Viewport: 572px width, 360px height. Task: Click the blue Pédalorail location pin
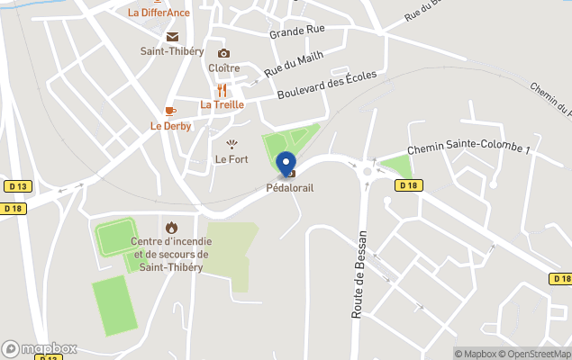click(x=287, y=165)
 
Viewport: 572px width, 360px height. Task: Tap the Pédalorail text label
click(x=289, y=188)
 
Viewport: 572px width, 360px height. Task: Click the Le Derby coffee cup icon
click(x=170, y=112)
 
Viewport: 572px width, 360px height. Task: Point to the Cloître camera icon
click(x=223, y=54)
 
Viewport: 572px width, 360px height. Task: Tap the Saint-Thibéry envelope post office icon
click(x=172, y=37)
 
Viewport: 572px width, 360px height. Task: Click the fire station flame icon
click(x=171, y=228)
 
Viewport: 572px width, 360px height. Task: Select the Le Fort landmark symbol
click(x=232, y=144)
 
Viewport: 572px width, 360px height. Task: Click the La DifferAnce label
click(x=159, y=13)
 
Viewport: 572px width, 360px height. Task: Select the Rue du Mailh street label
click(x=293, y=63)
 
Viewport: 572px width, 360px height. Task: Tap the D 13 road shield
click(x=17, y=186)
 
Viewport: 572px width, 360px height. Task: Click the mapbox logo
click(x=40, y=348)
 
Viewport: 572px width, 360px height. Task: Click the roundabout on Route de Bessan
click(x=368, y=166)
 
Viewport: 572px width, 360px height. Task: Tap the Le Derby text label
click(x=171, y=126)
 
